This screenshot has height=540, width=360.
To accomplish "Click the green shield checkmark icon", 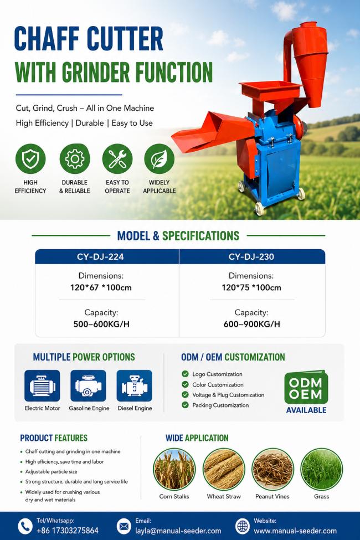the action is tap(30, 159).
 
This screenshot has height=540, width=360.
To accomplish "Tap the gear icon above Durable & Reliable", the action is tap(74, 159).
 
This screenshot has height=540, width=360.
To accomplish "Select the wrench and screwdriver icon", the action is tap(117, 159).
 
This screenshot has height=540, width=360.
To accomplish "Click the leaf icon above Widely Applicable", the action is tap(159, 159).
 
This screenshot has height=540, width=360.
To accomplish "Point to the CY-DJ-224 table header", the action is tap(107, 256).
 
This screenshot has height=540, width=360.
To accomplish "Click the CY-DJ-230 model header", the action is tap(252, 256).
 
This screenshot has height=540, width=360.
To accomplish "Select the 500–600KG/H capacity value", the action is tap(101, 324).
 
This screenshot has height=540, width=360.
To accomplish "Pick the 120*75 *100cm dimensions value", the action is tap(251, 287).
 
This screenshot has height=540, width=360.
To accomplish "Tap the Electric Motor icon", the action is tap(42, 385).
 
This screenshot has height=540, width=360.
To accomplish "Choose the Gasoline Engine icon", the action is tap(88, 385).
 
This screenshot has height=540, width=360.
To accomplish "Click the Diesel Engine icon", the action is tap(135, 385).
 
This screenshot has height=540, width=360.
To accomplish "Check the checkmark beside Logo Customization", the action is tap(186, 374).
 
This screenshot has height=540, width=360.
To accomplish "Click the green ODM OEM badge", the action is tap(306, 387).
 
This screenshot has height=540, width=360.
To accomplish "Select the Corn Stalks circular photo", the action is tap(174, 469).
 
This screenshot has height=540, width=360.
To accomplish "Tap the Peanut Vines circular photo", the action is tap(272, 469).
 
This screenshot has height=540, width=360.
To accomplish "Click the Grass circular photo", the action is tap(321, 469).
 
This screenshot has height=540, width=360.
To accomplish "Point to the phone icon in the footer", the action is tap(25, 527).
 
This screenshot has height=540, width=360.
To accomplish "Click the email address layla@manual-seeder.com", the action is tap(178, 531).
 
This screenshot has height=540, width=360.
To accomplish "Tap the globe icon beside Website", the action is tap(243, 526).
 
